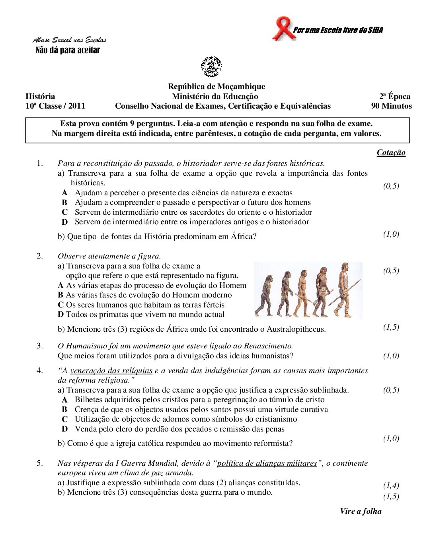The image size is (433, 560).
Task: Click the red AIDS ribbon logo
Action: [x=283, y=28]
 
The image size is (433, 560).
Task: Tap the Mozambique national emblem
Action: [x=211, y=66]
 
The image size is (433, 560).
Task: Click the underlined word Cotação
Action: [x=391, y=153]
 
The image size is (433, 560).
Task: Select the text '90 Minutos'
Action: [x=391, y=106]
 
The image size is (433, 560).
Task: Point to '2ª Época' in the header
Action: [x=394, y=96]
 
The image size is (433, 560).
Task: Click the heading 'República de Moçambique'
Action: [x=216, y=87]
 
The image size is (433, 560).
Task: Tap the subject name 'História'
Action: [x=40, y=96]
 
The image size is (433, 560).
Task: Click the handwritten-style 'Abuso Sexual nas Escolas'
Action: [x=70, y=40]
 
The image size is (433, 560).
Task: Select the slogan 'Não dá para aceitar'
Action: [x=68, y=50]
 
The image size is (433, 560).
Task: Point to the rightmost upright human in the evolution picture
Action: [x=343, y=288]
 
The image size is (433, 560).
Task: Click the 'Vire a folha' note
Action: [x=361, y=511]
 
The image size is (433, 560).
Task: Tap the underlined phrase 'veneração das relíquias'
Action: [x=111, y=371]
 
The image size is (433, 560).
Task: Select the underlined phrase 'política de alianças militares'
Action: [x=267, y=463]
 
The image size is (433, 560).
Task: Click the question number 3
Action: [x=40, y=346]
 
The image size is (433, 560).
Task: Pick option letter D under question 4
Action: [x=64, y=429]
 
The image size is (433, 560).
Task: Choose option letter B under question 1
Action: [x=64, y=202]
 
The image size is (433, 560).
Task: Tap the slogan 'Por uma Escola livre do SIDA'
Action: [x=338, y=30]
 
